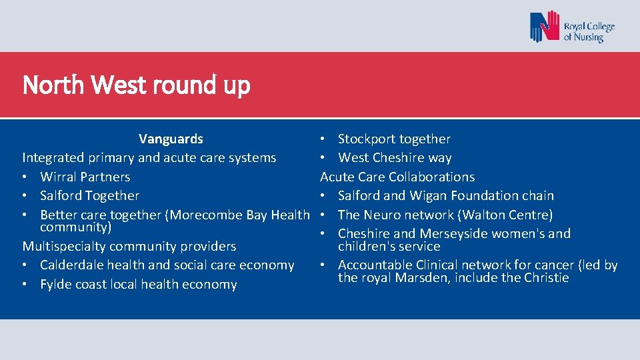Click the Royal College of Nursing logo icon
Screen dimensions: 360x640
click(x=545, y=27)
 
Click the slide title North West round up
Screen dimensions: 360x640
click(x=136, y=85)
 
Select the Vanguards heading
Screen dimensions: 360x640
click(x=171, y=139)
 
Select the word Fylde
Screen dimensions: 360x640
click(x=56, y=284)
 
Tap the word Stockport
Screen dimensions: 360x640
click(x=367, y=139)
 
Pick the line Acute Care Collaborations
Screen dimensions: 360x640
click(x=397, y=177)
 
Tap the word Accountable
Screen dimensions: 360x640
click(x=376, y=265)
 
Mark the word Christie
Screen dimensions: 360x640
click(x=546, y=277)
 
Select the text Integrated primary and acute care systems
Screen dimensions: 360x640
click(x=149, y=158)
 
